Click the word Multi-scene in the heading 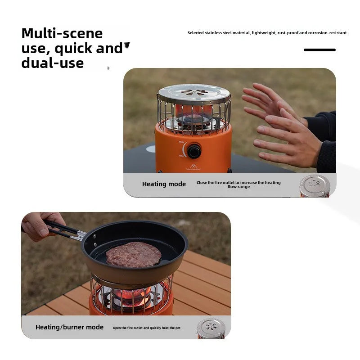(x=62, y=33)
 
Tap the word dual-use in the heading (x=53, y=63)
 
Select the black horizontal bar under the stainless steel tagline (x=319, y=50)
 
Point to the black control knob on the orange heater (x=194, y=151)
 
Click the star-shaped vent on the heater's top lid (x=194, y=92)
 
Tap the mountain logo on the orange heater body (x=193, y=166)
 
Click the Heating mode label (x=164, y=184)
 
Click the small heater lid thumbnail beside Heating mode (x=315, y=186)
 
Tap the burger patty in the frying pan (x=134, y=254)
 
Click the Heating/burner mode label (x=69, y=327)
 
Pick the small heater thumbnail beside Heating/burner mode (x=211, y=328)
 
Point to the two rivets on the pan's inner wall (x=95, y=241)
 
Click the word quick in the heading (x=74, y=49)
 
